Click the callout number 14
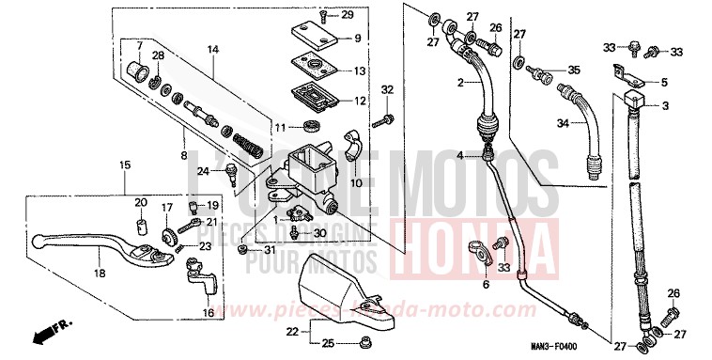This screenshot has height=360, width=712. (212, 49)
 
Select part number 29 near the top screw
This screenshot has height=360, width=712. (348, 16)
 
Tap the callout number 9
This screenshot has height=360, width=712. (357, 39)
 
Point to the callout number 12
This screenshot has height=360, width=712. (360, 102)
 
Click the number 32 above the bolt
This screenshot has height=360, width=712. (386, 89)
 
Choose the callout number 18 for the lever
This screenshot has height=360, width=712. (99, 272)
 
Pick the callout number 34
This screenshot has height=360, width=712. (563, 123)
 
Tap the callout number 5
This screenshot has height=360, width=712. (665, 82)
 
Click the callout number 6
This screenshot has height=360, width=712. (486, 284)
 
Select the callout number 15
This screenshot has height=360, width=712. (123, 165)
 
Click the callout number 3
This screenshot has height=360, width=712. (665, 106)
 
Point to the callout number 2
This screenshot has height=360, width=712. (461, 83)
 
